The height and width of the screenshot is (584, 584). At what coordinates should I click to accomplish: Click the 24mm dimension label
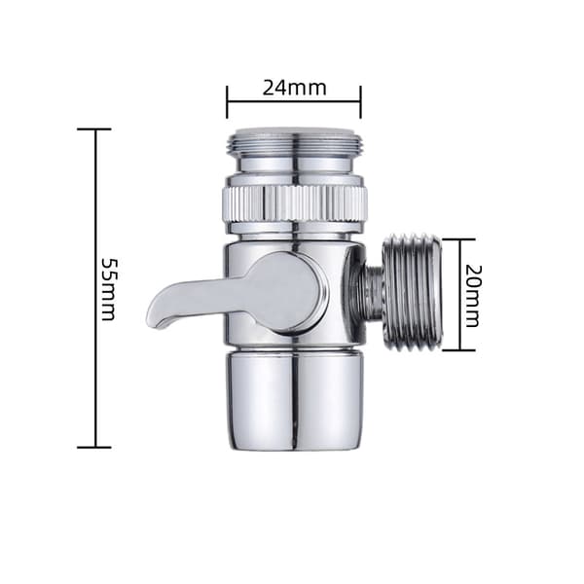tap(294, 88)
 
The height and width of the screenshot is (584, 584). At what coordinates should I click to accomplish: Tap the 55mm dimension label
tap(109, 289)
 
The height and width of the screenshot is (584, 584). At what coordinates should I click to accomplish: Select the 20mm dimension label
tap(474, 296)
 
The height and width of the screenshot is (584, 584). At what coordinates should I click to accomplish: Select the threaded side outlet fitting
tap(413, 293)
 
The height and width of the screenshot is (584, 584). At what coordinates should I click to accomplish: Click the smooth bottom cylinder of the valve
tap(294, 401)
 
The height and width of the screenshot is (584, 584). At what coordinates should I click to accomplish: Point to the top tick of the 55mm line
tap(94, 128)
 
